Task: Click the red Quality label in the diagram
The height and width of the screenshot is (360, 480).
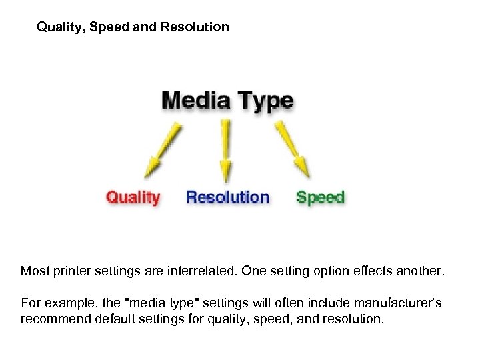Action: pos(133,197)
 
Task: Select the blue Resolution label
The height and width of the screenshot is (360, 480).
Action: pos(227,197)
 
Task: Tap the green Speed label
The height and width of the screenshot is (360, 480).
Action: pos(320,197)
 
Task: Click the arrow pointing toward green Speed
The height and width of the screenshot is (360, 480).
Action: pos(294,147)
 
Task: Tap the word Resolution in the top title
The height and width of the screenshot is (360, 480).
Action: pos(195,27)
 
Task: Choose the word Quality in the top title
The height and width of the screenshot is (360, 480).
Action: pos(59,27)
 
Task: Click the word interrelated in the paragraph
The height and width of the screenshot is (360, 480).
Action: pos(200,271)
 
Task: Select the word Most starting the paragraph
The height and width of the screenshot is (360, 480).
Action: pos(34,271)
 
